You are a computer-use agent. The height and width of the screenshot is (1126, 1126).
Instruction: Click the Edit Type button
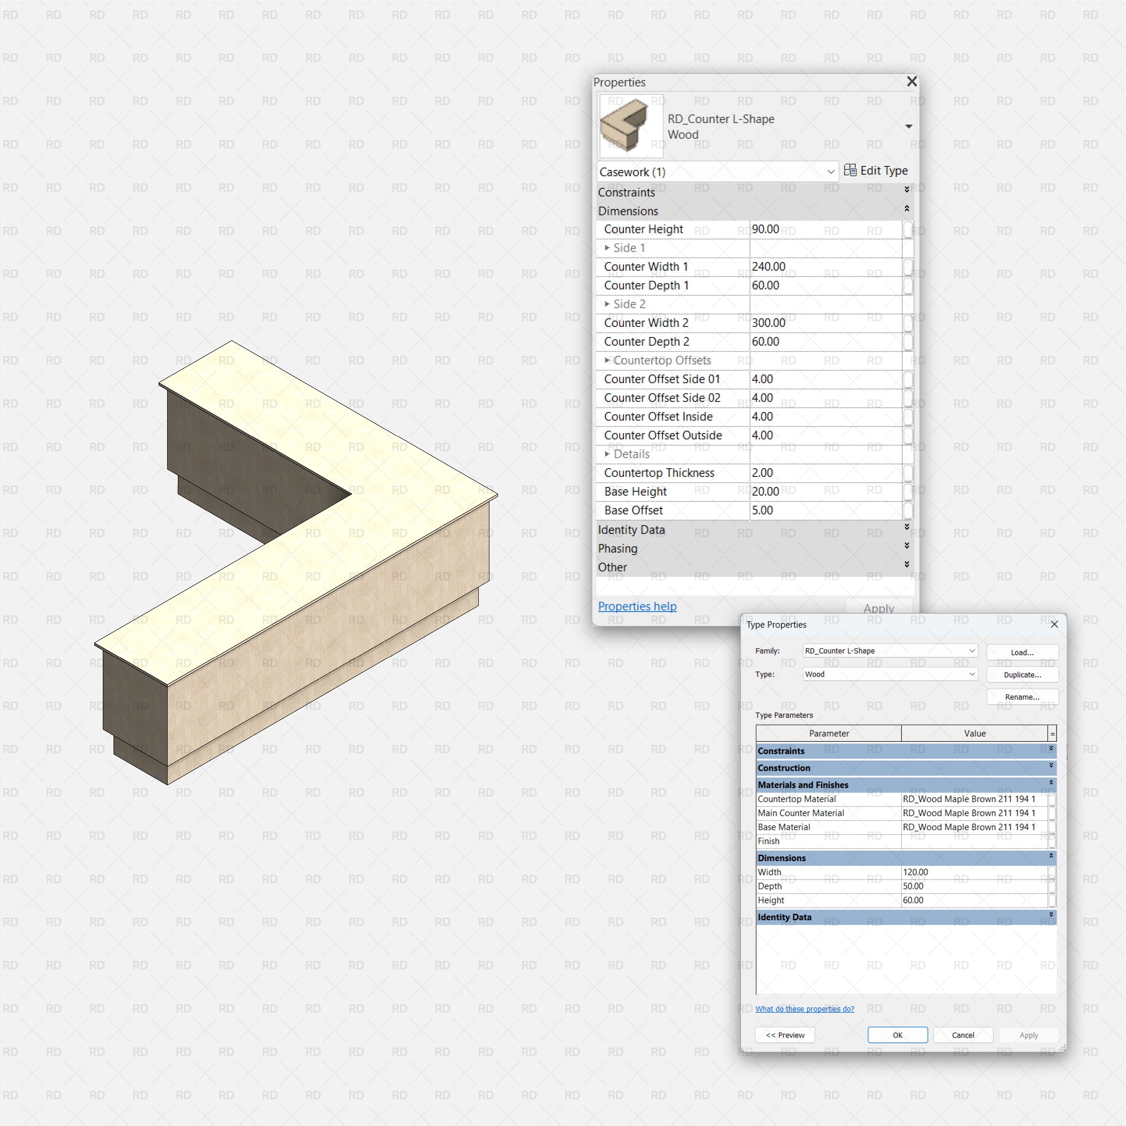pyautogui.click(x=875, y=171)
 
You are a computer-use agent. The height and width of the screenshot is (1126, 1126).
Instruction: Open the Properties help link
pyautogui.click(x=637, y=607)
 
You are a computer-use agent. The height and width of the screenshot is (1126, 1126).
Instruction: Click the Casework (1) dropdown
pyautogui.click(x=717, y=172)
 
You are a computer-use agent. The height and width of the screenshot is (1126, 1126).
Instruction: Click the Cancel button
pyautogui.click(x=963, y=1035)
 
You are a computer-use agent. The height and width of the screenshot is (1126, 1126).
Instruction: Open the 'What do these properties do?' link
pyautogui.click(x=804, y=1009)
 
